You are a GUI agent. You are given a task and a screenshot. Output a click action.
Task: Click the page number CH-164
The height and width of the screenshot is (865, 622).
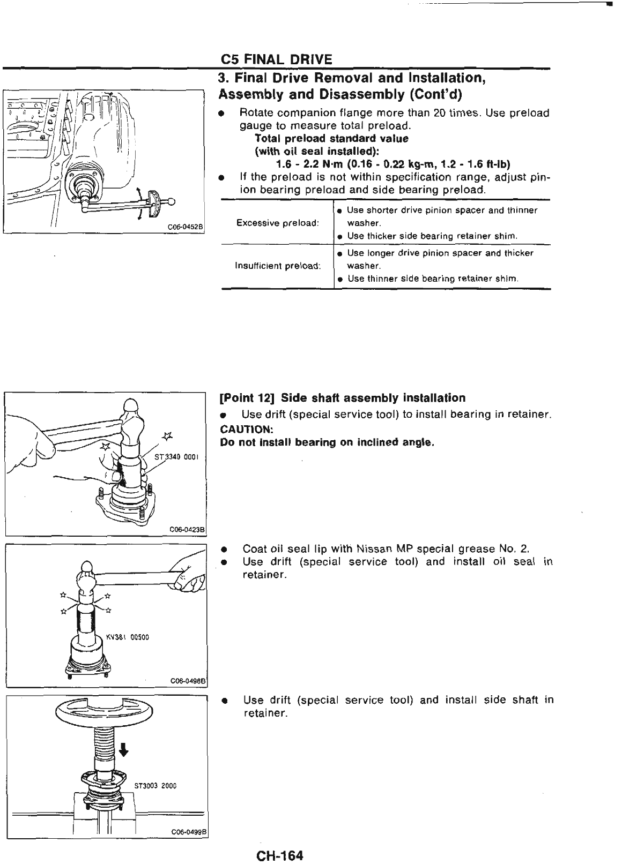[x=279, y=855]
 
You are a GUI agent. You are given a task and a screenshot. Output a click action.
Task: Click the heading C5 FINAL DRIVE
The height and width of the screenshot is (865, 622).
[x=276, y=58]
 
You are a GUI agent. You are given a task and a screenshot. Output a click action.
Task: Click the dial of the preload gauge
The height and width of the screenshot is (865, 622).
[x=155, y=200]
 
